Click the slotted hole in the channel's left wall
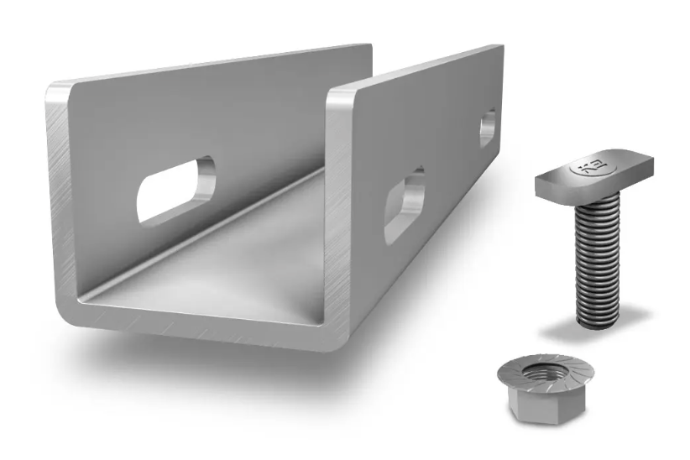176,189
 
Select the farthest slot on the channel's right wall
487,128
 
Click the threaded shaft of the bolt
598,252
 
